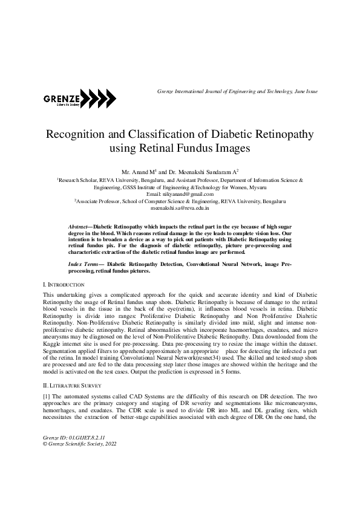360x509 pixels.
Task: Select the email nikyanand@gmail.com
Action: click(x=180, y=193)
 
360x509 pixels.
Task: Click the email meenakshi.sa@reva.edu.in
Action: click(x=180, y=207)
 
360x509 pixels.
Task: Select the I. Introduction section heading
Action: click(x=64, y=284)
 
